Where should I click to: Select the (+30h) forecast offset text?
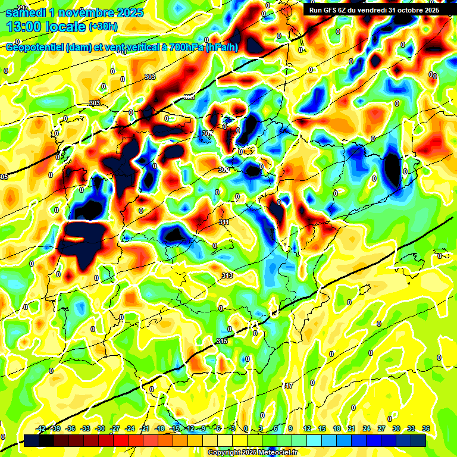[x=103, y=27]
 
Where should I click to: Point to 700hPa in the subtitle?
[x=186, y=48]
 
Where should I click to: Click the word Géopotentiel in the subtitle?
[x=35, y=48]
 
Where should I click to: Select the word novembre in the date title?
[x=87, y=12]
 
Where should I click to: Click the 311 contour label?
[x=224, y=222]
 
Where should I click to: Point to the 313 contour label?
[x=227, y=276]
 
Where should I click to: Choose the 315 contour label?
[x=222, y=341]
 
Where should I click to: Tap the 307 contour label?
[x=206, y=133]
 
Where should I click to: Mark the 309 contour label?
[x=223, y=170]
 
